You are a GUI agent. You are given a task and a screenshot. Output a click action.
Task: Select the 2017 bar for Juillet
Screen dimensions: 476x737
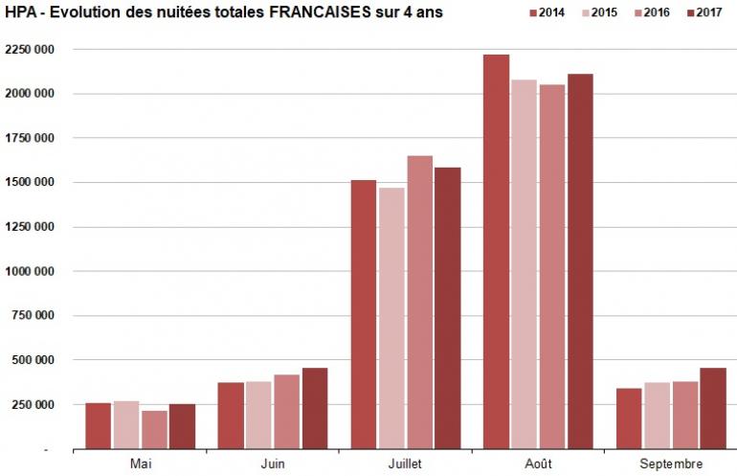(x=447, y=307)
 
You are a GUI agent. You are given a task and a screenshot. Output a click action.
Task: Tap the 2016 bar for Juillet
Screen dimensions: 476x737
(x=419, y=302)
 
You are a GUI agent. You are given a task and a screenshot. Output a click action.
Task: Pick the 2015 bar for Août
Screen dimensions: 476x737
(x=524, y=263)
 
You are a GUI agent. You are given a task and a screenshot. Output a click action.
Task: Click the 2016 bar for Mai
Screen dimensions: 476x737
(x=154, y=429)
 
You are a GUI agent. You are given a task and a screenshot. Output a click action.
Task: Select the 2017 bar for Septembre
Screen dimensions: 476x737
(x=712, y=408)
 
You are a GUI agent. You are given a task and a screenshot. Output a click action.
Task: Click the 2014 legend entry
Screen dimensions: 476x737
(x=547, y=13)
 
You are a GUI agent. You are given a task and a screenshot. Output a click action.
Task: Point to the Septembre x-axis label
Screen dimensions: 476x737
(x=670, y=464)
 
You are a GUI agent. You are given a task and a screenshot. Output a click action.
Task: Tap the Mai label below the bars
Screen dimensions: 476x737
(x=141, y=464)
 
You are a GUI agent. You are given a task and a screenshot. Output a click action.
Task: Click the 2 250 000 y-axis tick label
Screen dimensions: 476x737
(x=29, y=49)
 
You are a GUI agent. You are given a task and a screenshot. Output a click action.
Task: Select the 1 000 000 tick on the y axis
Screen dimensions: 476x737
(x=29, y=271)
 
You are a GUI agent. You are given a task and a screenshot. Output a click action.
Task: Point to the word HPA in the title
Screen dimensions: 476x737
(x=19, y=11)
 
